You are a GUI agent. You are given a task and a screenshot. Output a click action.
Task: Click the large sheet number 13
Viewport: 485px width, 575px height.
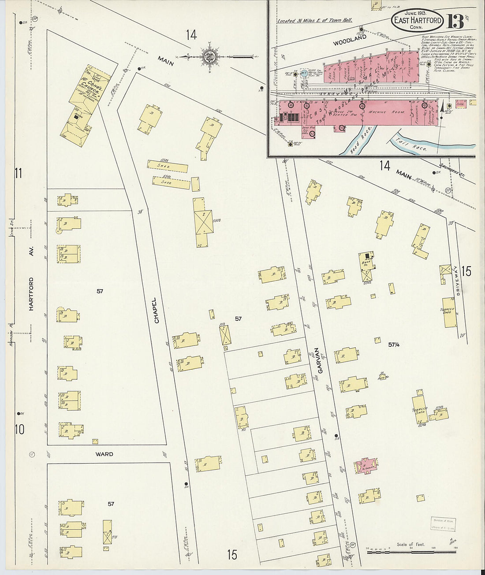(x=455, y=21)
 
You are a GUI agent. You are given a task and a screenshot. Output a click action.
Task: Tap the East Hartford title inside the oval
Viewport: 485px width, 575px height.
(x=417, y=20)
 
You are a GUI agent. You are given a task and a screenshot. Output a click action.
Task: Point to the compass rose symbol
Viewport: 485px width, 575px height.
(x=209, y=56)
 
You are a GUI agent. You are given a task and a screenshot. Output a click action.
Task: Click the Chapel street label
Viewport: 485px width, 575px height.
(x=156, y=310)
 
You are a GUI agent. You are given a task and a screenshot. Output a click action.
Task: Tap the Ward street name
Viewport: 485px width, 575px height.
(x=104, y=454)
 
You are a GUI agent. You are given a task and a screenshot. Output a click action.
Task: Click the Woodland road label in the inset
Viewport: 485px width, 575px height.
(x=350, y=41)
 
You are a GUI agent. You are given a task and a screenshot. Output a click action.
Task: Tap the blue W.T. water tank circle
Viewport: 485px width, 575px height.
(x=304, y=73)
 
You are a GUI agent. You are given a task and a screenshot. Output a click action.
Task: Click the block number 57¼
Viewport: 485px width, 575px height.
(x=394, y=344)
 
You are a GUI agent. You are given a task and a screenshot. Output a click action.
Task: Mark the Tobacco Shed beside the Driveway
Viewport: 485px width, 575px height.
(x=450, y=312)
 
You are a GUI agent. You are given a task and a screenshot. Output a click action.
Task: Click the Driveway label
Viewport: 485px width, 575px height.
(x=458, y=287)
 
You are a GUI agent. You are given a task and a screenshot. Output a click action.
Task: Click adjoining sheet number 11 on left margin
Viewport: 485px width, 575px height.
(x=18, y=173)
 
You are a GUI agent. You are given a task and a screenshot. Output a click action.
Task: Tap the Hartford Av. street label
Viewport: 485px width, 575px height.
(x=31, y=294)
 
